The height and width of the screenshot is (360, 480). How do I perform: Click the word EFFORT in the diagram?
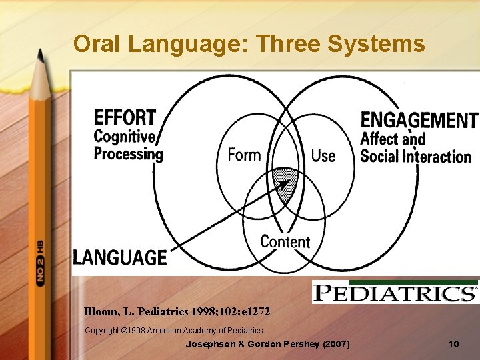click(x=125, y=117)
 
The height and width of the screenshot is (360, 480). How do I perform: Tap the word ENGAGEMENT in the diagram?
click(x=419, y=120)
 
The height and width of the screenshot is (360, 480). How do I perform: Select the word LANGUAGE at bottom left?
click(x=120, y=257)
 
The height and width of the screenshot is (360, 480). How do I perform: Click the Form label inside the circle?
click(x=244, y=155)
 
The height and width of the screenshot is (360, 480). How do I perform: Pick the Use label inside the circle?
click(x=323, y=155)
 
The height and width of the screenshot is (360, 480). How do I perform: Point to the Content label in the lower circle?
click(x=285, y=241)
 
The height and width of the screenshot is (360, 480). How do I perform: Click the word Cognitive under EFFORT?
click(x=125, y=137)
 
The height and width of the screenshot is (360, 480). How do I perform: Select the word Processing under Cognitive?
click(x=128, y=154)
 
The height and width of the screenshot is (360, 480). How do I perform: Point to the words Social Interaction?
click(x=415, y=157)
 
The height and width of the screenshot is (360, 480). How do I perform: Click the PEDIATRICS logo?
click(x=395, y=292)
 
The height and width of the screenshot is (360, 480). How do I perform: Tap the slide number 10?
click(x=454, y=345)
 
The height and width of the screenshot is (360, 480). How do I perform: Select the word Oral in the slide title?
click(x=97, y=44)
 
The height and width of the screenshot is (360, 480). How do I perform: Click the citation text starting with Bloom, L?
click(x=177, y=311)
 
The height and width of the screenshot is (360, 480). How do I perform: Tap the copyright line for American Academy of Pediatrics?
click(x=173, y=330)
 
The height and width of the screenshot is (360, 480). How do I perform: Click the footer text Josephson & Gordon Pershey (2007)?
click(x=267, y=345)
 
